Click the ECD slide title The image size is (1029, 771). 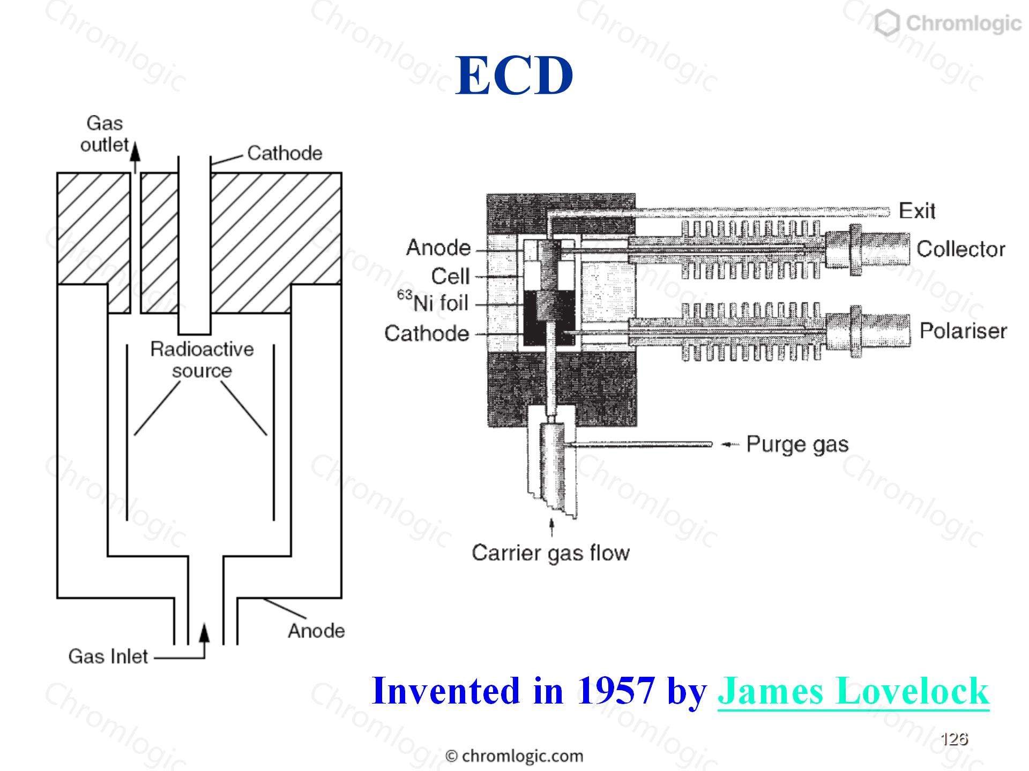tap(514, 75)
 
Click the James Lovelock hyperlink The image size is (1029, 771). tap(853, 691)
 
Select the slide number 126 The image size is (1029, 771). tap(954, 739)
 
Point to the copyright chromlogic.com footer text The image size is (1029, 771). tap(514, 756)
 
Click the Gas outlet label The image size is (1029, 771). tap(105, 134)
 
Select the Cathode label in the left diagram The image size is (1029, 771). tap(285, 154)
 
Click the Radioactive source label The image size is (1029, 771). tap(202, 360)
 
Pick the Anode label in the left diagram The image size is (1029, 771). tap(316, 631)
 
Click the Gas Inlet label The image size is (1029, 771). tap(108, 656)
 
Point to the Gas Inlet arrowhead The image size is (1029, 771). tap(204, 632)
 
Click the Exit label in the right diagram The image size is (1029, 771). tap(917, 211)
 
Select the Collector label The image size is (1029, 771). tap(961, 249)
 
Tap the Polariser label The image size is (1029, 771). tap(963, 331)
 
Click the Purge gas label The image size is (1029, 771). tap(797, 445)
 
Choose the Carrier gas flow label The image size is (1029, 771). tap(550, 553)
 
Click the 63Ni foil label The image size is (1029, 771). tap(433, 302)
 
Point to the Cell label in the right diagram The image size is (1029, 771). tap(450, 277)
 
